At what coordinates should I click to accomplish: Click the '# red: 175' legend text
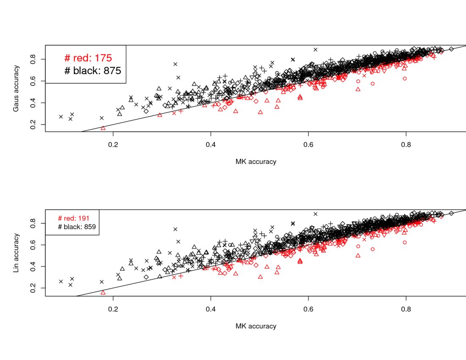88,58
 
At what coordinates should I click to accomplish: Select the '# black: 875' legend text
92,71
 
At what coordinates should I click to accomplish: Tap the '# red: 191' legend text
73,218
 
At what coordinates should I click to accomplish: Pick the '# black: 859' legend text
77,227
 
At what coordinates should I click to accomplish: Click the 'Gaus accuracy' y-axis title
16,88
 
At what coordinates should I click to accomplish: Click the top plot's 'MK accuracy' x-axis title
255,162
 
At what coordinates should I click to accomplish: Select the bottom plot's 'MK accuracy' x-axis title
255,326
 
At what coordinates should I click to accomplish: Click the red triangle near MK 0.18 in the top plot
103,128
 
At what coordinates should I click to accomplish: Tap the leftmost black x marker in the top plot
61,116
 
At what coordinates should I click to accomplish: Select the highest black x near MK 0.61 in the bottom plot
315,214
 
